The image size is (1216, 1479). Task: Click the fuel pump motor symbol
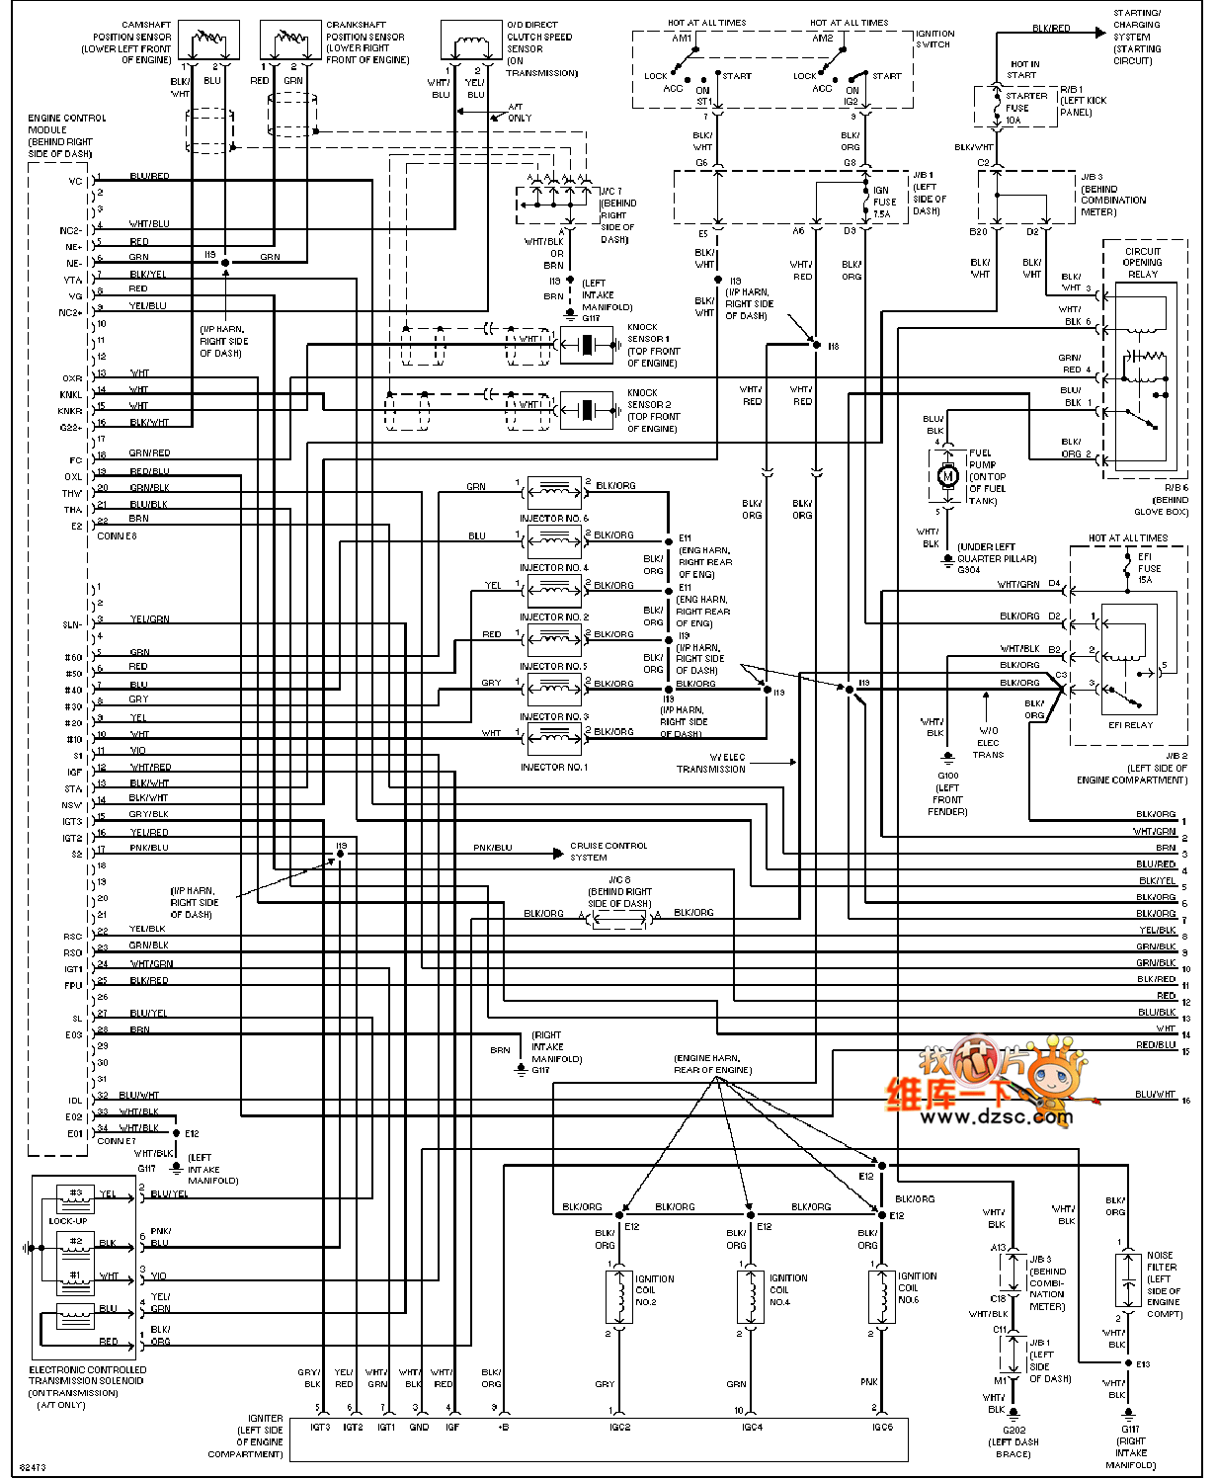(947, 476)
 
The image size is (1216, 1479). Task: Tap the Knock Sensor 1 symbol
(587, 345)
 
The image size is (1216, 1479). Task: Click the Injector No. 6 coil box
(554, 491)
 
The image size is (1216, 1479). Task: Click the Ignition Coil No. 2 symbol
(619, 1296)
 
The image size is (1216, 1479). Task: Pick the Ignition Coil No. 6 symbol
(882, 1296)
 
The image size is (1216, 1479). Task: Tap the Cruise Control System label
(608, 852)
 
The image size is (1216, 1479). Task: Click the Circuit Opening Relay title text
(1143, 263)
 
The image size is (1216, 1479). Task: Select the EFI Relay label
(1130, 725)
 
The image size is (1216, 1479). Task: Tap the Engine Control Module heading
(65, 135)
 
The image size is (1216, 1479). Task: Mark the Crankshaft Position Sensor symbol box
(290, 41)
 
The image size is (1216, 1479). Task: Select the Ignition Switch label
(934, 39)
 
